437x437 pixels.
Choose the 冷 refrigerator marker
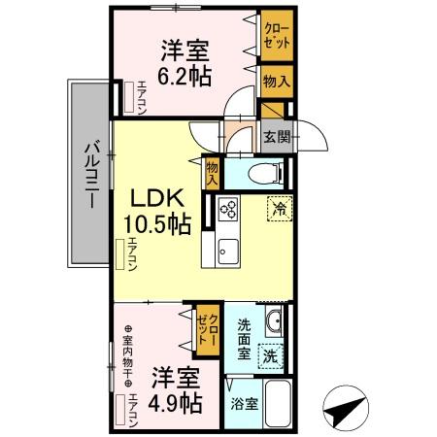(279, 208)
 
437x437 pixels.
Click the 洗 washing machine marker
(271, 356)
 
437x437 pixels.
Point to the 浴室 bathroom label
(244, 403)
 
